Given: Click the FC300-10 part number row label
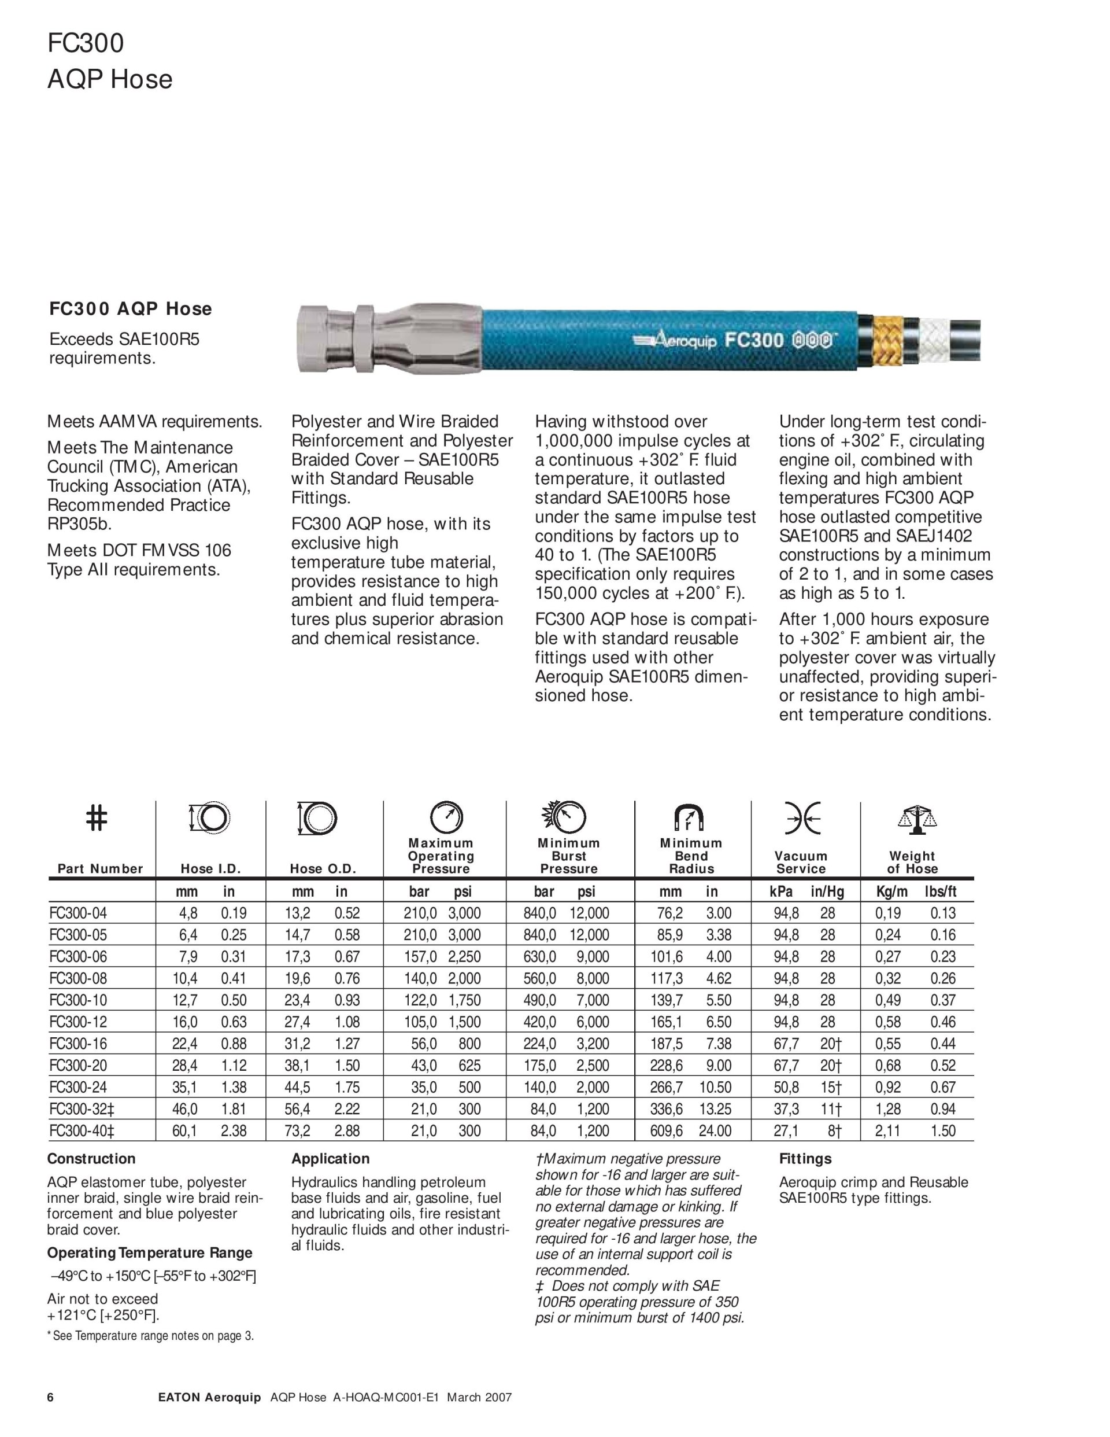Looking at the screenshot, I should [77, 1000].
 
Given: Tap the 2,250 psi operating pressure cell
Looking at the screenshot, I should [464, 957].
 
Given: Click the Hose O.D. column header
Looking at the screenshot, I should [323, 868].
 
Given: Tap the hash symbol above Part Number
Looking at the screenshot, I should [97, 818].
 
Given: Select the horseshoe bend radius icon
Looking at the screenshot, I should [689, 819].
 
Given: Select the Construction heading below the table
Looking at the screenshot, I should [91, 1159].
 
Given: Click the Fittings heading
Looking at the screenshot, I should [805, 1159].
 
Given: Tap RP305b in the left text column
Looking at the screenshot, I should [75, 524].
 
